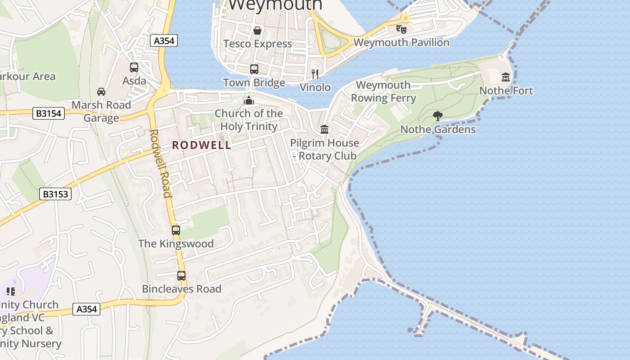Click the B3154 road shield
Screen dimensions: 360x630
click(49, 113)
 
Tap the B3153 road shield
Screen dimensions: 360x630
click(55, 194)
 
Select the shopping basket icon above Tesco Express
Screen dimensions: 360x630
click(257, 31)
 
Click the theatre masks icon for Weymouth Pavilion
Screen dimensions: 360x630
click(401, 29)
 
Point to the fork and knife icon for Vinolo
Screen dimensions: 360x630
click(315, 74)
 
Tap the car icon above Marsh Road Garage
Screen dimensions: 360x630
click(101, 92)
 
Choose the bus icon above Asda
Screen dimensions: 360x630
click(134, 67)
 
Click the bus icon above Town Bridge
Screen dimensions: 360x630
click(254, 69)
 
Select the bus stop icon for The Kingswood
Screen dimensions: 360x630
click(176, 230)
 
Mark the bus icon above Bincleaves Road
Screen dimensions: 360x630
click(181, 276)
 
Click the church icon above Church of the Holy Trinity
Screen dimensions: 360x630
click(248, 100)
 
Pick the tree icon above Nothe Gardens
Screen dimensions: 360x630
click(437, 116)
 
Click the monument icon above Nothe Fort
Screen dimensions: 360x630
click(506, 77)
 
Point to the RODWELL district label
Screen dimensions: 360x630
click(202, 145)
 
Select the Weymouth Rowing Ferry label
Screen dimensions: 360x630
click(383, 91)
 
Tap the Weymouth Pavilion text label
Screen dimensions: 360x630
click(401, 43)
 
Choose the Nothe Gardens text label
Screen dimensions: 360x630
click(438, 130)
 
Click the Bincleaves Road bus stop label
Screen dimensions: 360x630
click(182, 289)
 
